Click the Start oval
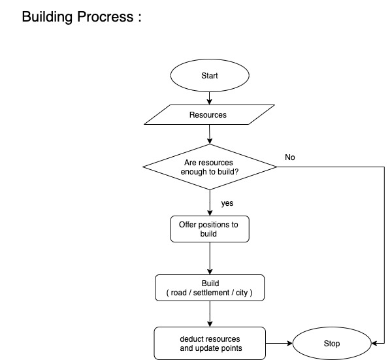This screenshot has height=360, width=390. tap(210, 75)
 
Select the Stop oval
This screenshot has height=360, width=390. tap(331, 343)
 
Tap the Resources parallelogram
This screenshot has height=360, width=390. tap(209, 115)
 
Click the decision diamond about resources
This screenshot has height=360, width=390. tap(210, 167)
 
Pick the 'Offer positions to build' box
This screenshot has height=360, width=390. tap(210, 229)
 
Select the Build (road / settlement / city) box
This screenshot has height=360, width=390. tap(210, 288)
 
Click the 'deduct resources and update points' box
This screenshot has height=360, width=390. tap(210, 343)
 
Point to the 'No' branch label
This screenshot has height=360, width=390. tap(290, 157)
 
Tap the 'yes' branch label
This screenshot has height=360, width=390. tap(227, 203)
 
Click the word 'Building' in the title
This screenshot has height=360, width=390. tap(51, 17)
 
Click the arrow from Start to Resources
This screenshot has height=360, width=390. tap(210, 97)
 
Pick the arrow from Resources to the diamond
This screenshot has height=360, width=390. tap(210, 134)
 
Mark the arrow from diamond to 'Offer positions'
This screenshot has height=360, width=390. tap(210, 203)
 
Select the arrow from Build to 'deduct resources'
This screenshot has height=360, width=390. tap(210, 314)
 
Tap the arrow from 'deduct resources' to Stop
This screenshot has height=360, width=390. tap(279, 343)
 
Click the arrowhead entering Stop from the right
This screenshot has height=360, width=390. tap(373, 343)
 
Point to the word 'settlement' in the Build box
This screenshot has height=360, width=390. tap(211, 293)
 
